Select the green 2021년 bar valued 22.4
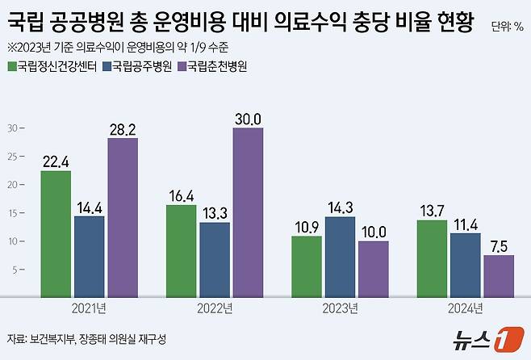[56, 234]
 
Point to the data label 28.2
[122, 129]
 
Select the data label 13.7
[432, 211]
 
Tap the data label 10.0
[373, 232]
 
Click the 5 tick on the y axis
[15, 269]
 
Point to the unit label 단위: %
[508, 26]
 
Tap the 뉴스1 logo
[482, 339]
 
